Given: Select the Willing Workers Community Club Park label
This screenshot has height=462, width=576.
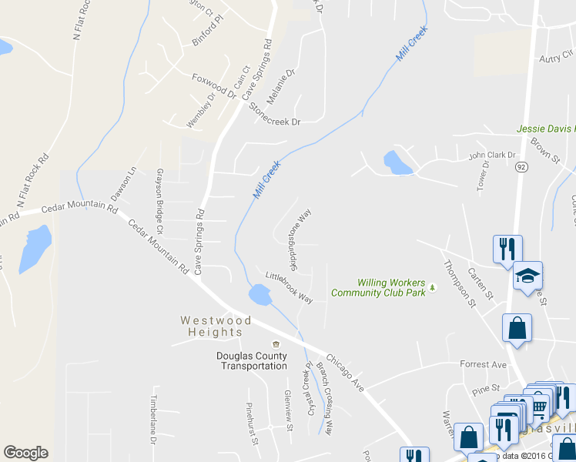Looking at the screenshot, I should coord(378,288).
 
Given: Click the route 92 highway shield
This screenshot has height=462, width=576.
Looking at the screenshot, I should coord(521,166).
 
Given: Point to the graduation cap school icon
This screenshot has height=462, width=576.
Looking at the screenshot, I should coord(527,276).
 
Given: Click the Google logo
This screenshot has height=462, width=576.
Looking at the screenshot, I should coord(25,453).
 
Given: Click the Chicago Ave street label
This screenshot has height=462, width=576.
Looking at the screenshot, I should coord(344,372).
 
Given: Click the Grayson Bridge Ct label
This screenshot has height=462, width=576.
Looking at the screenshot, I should coord(160,201).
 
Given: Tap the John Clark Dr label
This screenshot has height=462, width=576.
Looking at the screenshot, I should coord(492,156).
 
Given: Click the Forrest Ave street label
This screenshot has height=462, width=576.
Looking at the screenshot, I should coord(483,364).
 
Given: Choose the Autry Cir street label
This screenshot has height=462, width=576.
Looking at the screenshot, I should coord(558,57).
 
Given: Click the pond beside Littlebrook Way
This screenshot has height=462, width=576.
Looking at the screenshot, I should coord(260,294).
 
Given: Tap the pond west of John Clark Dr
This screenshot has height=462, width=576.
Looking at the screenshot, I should coord(396,162).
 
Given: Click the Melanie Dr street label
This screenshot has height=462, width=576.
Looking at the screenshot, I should coord(280,86).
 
